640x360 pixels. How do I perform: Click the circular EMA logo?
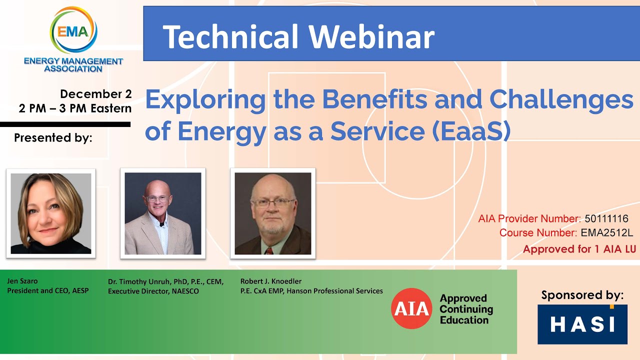point(73,31)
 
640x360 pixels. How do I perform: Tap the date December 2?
point(95,94)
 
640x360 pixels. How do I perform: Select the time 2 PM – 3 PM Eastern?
point(75,108)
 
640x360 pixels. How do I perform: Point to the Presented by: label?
point(53,138)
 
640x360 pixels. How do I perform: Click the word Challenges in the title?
point(561,99)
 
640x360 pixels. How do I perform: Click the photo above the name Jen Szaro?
point(51,213)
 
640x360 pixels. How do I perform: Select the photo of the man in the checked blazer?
point(163,213)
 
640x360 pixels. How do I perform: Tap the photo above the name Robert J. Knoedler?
point(272,213)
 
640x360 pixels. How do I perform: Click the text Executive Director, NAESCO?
point(153,291)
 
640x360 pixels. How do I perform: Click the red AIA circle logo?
point(411,308)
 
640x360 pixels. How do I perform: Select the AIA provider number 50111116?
point(606,218)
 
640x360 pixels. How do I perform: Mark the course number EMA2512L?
point(606,233)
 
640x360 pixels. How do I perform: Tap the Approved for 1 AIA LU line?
point(579,249)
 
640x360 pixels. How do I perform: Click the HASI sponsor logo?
point(582,324)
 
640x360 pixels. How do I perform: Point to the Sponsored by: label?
point(582,295)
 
